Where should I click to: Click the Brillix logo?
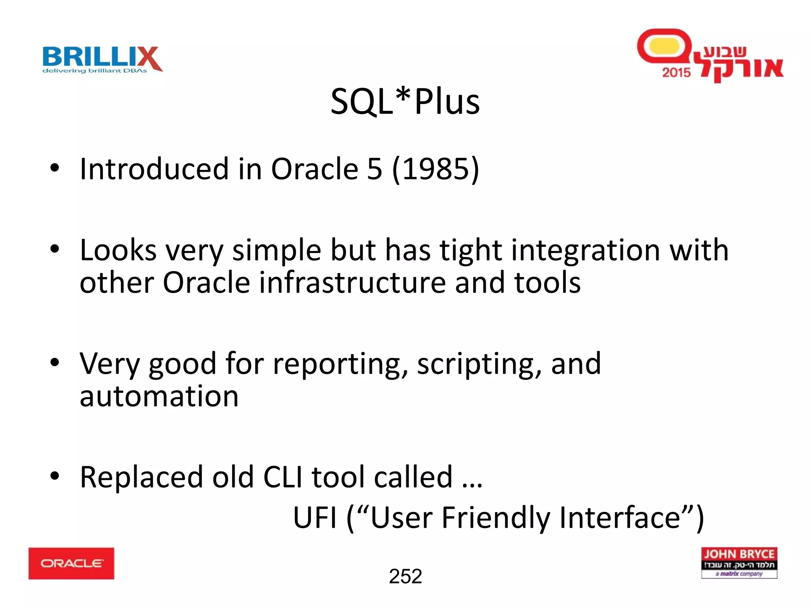(102, 59)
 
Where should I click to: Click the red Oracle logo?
(71, 563)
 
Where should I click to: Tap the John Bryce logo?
(739, 562)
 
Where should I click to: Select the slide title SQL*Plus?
(405, 102)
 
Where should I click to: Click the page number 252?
(405, 576)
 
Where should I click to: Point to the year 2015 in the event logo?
(676, 72)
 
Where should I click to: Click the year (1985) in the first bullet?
(435, 169)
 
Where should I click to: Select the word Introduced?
(154, 169)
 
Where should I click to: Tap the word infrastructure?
(352, 283)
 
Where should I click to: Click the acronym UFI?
(315, 518)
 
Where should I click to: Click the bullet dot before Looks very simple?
(55, 249)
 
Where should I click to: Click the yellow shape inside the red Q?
(664, 46)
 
